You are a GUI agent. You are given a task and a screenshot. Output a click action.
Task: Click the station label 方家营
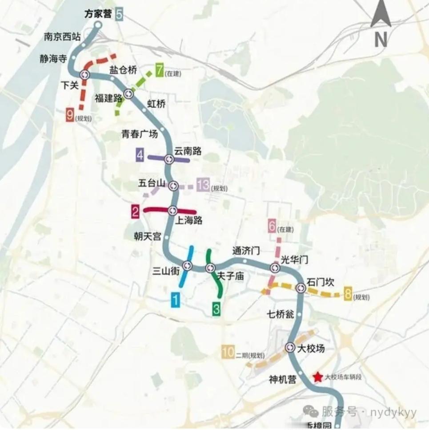pyautogui.click(x=98, y=14)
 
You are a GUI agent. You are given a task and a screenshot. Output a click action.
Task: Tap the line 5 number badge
pyautogui.click(x=119, y=14)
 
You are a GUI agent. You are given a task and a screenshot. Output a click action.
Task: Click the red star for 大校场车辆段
pyautogui.click(x=318, y=377)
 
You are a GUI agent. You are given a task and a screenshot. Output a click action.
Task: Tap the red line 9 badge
pyautogui.click(x=70, y=115)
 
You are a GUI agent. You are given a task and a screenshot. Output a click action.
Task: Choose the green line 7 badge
pyautogui.click(x=159, y=70)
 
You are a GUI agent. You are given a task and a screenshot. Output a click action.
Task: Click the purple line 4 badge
pyautogui.click(x=140, y=156)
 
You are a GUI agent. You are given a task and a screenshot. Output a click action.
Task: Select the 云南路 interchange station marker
pyautogui.click(x=169, y=159)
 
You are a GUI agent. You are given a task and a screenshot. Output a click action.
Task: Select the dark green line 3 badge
pyautogui.click(x=217, y=308)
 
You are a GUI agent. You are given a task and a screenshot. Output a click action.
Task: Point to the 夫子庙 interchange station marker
pyautogui.click(x=210, y=268)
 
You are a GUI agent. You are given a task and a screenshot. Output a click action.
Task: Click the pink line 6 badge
pyautogui.click(x=272, y=226)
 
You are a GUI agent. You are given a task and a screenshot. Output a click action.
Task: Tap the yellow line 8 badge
pyautogui.click(x=348, y=293)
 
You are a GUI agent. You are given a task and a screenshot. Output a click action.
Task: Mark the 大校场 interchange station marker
pyautogui.click(x=290, y=347)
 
